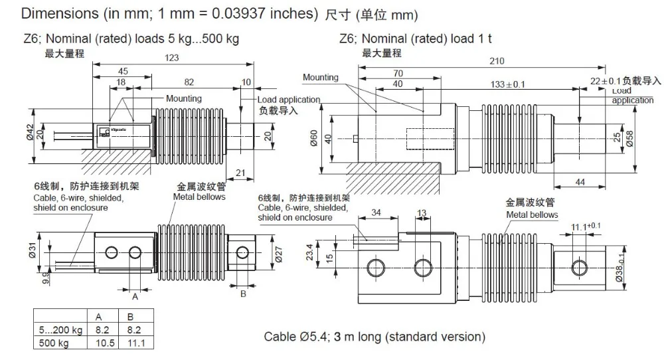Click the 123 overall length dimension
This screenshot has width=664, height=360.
tap(171, 58)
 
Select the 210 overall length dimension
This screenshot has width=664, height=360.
tap(496, 61)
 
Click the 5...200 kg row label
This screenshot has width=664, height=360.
tap(60, 330)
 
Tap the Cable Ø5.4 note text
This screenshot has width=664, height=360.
tap(374, 336)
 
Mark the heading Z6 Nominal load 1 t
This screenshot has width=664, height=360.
tap(414, 39)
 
